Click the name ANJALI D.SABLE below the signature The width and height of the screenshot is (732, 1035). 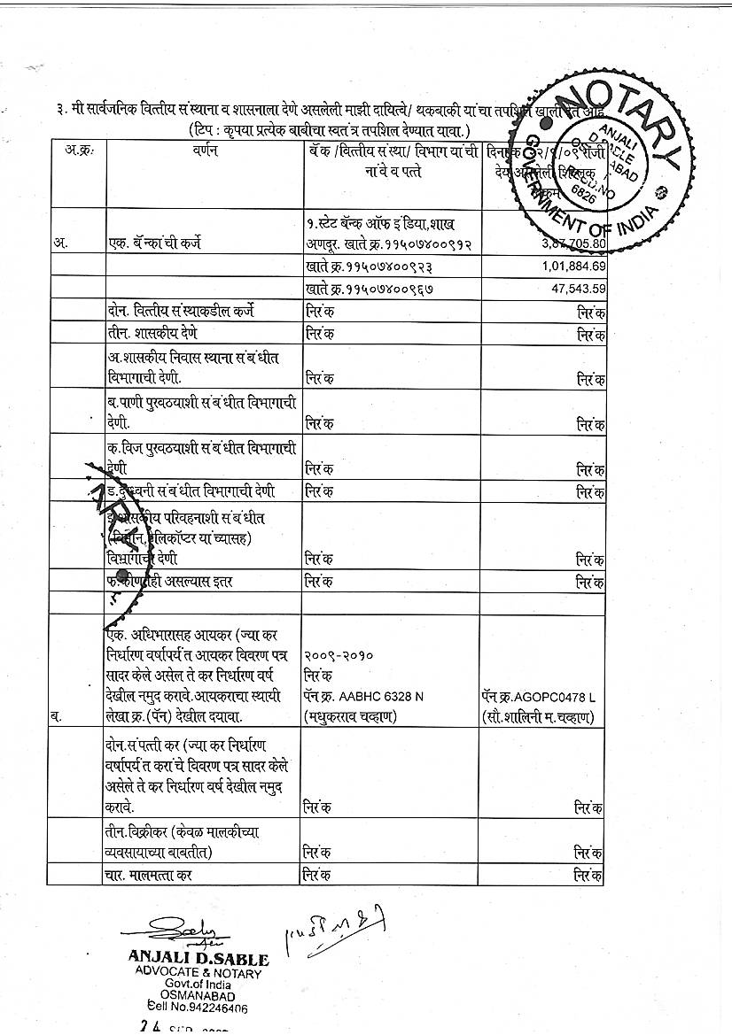[199, 958]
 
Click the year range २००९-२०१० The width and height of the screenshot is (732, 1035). [339, 657]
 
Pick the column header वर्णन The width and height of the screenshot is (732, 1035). [205, 151]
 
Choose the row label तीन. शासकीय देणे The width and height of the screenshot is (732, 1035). [151, 333]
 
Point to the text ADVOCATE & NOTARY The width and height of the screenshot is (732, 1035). [199, 973]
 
